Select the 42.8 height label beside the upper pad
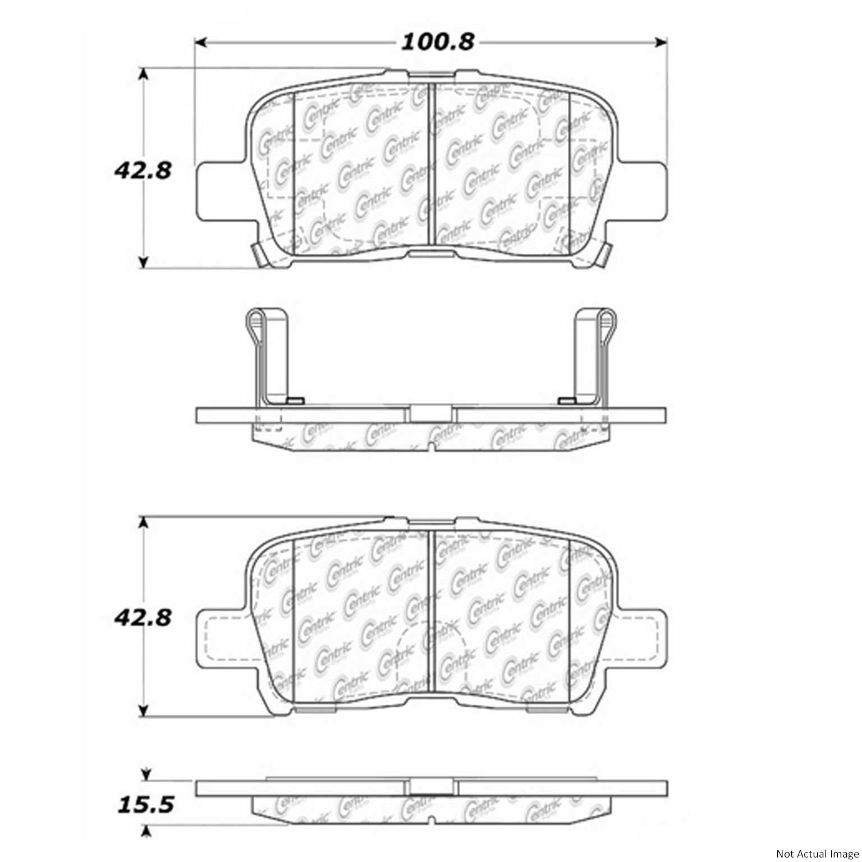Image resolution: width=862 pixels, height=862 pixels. coord(143,170)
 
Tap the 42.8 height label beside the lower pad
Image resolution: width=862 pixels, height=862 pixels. coord(143,618)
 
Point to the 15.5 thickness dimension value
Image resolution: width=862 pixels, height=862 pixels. coord(145,805)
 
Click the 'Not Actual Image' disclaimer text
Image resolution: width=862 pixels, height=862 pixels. coord(817,854)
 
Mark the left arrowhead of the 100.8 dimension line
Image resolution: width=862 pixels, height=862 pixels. coord(200,42)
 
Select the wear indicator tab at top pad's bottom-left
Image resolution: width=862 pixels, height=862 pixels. coord(259,255)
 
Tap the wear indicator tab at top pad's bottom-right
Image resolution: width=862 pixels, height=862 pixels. coord(603,255)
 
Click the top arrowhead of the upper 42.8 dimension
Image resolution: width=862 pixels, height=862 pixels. coord(144,75)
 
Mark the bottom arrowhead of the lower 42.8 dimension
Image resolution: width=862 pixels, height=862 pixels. coord(144,711)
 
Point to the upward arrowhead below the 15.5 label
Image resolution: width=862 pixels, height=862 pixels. coord(146,830)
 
